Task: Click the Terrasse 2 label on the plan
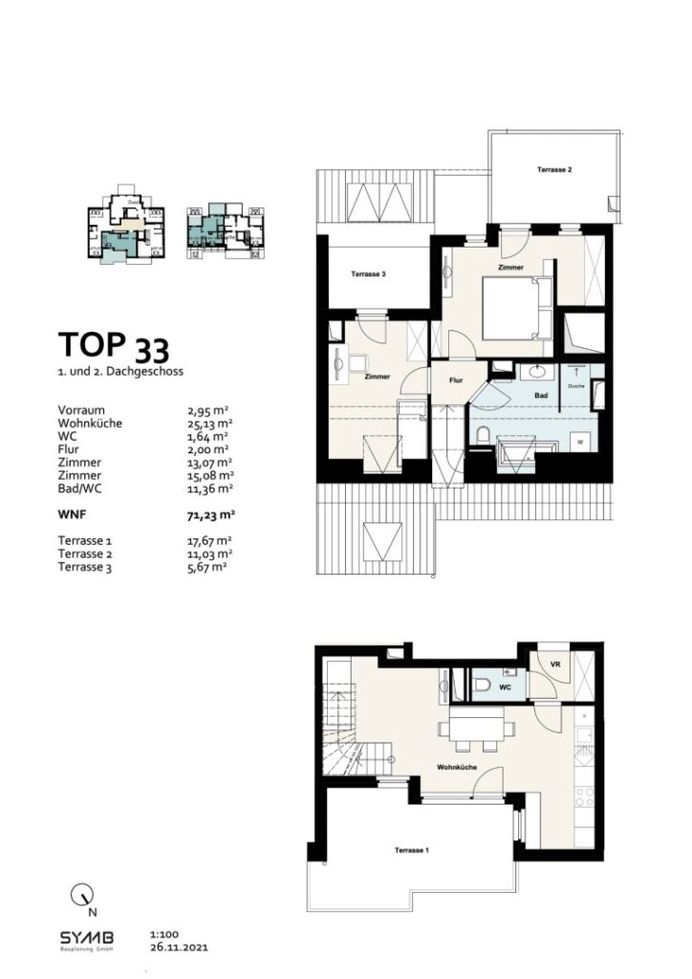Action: coord(554,170)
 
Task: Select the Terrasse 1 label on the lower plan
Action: coord(412,850)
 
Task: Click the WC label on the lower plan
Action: coord(507,687)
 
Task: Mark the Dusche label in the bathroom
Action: coord(576,386)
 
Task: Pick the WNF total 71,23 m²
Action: coord(210,513)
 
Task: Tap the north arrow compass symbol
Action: coord(83,896)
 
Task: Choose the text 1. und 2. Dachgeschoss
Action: coord(119,370)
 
